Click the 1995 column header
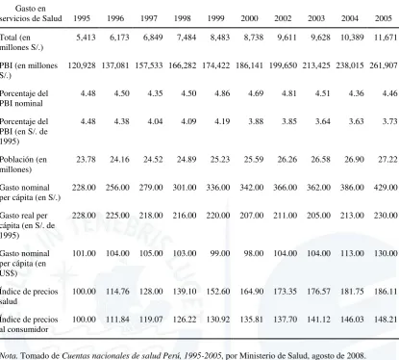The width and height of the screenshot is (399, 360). tap(82, 18)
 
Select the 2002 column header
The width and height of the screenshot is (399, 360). tap(283, 18)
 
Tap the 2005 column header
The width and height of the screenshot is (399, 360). tap(384, 18)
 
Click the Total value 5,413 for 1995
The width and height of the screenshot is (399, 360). tap(86, 38)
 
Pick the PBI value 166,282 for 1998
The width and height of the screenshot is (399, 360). tap(183, 65)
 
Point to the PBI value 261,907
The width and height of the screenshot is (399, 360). tap(384, 65)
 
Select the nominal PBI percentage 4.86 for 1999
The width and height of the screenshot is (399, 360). tap(222, 93)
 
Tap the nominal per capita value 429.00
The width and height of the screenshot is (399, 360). tap(386, 187)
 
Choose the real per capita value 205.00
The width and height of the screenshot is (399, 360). tap(318, 215)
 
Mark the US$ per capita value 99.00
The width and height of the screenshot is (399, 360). tap(220, 253)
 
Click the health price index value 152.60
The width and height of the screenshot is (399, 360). tap(218, 292)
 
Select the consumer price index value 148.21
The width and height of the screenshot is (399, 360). tap(386, 320)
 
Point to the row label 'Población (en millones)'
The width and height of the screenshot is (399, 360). tap(23, 165)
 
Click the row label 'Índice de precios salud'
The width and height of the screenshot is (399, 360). tap(29, 296)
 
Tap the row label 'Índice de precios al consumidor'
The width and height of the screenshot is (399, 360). tap(29, 324)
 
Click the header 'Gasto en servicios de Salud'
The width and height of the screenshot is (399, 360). tap(31, 13)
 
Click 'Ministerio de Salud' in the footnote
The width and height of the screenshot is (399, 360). tap(273, 356)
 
